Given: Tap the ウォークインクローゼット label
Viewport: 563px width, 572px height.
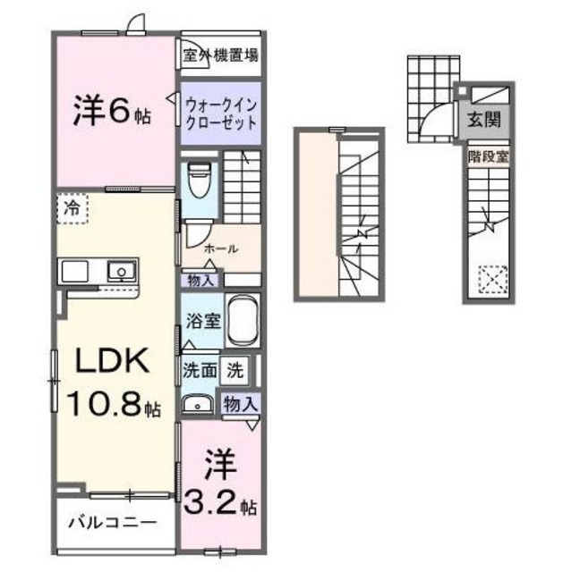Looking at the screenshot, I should pyautogui.click(x=221, y=114).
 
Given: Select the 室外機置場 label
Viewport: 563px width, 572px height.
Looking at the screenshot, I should pyautogui.click(x=220, y=55).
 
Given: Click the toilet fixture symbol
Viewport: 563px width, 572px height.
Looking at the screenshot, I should pyautogui.click(x=200, y=180).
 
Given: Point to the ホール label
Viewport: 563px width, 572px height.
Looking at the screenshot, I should pyautogui.click(x=220, y=248).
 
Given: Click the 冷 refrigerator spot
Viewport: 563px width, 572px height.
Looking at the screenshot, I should pyautogui.click(x=71, y=209).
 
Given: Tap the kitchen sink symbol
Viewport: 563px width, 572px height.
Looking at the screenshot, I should pyautogui.click(x=119, y=271).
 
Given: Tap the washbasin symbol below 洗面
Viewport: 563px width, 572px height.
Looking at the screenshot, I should pyautogui.click(x=196, y=404).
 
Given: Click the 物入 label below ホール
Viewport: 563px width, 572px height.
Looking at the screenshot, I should pyautogui.click(x=201, y=281).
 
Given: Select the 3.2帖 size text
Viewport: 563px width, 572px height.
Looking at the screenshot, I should pyautogui.click(x=221, y=504).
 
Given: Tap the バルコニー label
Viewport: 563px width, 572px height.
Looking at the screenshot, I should pyautogui.click(x=113, y=522).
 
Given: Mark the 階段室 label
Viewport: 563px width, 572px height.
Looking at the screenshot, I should pyautogui.click(x=488, y=156).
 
